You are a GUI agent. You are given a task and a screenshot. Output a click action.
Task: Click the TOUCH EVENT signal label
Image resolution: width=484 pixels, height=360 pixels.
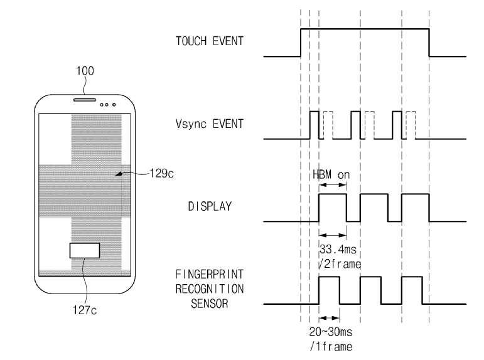point(210,41)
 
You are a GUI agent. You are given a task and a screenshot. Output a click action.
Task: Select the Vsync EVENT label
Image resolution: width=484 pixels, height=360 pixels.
point(210,124)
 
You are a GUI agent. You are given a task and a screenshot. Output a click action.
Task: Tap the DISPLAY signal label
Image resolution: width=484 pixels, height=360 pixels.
point(210,206)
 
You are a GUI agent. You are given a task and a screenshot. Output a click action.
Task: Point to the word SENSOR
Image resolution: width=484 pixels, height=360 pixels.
point(210,304)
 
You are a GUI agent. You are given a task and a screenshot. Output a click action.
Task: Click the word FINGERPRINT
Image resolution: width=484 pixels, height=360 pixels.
point(210,274)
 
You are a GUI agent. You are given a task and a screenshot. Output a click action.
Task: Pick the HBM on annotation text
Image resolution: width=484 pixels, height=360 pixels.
point(331,175)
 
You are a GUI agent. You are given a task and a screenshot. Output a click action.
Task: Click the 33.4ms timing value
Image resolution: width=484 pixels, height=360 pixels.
point(338,249)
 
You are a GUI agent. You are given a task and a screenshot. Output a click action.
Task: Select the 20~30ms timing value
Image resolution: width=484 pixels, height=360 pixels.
point(331,332)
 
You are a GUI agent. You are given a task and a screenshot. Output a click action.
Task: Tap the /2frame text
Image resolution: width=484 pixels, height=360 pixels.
point(340,264)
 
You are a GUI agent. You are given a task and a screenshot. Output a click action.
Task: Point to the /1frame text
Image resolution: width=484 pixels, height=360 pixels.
point(331,347)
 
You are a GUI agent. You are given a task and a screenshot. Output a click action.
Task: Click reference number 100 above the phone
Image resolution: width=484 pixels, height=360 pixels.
point(85,71)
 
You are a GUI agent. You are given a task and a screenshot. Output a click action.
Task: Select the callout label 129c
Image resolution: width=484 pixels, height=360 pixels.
point(162,173)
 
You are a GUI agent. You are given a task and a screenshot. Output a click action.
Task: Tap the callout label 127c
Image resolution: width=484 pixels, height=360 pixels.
point(85,310)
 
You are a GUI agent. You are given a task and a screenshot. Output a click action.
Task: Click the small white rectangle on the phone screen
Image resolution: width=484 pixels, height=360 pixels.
point(85,250)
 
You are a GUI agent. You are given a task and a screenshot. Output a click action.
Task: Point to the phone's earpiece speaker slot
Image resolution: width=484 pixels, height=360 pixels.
point(85,100)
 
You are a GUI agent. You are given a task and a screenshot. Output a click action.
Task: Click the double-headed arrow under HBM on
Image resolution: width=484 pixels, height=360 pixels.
point(333,185)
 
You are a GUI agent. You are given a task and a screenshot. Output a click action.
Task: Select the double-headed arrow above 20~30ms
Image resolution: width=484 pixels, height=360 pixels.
point(330,318)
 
